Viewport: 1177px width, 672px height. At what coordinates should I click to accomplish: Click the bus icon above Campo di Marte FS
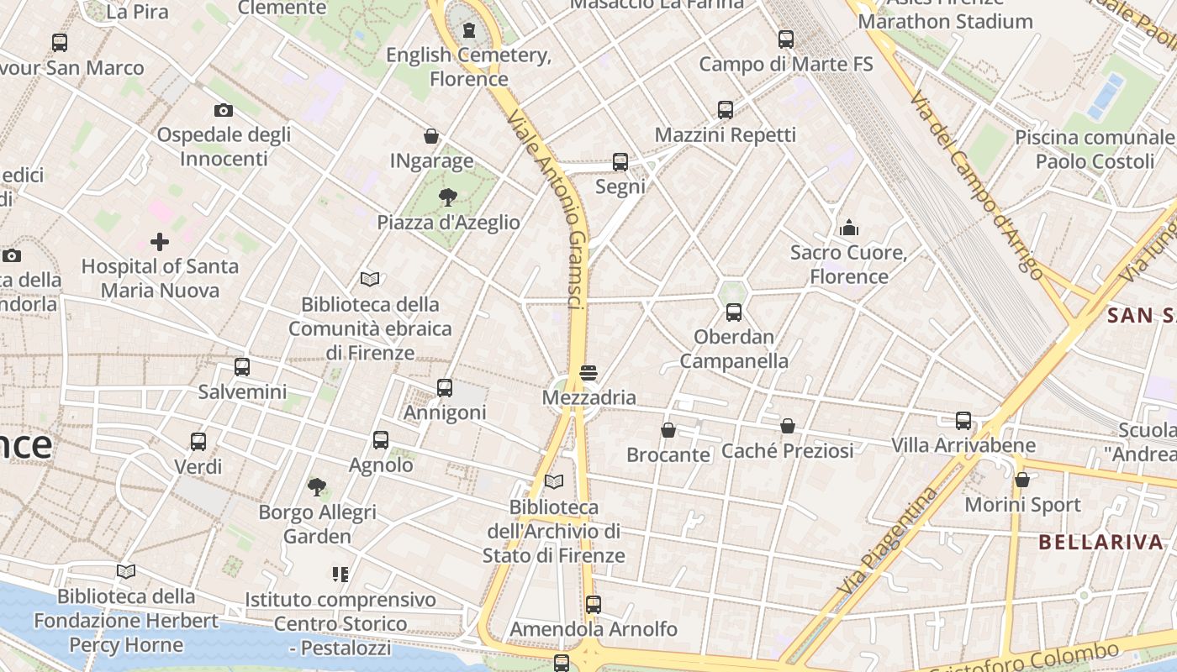coord(786,39)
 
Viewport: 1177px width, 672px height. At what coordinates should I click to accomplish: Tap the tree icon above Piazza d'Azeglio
coord(448,197)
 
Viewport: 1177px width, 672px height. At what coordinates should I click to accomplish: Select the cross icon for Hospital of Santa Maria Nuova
coord(159,243)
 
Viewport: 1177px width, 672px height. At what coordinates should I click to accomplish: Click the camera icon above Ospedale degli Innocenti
coord(223,110)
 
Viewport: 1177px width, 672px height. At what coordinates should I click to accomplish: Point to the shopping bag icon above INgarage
coord(431,136)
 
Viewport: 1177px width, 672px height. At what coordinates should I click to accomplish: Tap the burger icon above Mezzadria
coord(588,373)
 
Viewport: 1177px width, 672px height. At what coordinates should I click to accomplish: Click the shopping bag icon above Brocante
coord(668,430)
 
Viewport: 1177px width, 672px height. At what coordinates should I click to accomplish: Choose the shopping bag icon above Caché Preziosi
coord(788,426)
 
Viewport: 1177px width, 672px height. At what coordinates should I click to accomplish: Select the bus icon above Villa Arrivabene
coord(963,420)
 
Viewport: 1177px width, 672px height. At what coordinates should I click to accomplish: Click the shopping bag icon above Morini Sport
coord(1022,480)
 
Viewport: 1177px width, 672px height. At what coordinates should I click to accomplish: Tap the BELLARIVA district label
coord(1100,542)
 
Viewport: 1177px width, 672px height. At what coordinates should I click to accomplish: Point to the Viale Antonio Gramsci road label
coord(547,211)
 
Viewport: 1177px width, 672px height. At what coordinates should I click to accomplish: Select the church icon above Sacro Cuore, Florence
coord(848,228)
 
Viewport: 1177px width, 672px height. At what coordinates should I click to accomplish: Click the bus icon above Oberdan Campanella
coord(734,312)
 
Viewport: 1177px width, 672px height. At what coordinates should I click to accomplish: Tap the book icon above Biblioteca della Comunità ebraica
coord(370,279)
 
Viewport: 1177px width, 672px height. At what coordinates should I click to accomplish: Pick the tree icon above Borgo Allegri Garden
coord(317,486)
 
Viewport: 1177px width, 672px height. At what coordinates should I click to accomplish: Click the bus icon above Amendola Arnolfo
coord(594,604)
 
